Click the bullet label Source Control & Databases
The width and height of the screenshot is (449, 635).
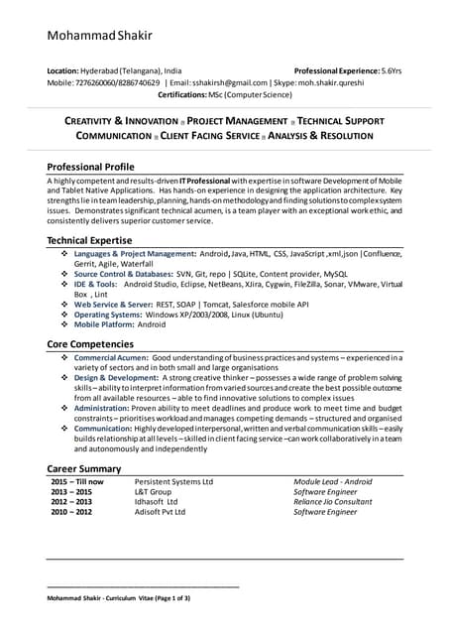[124, 273]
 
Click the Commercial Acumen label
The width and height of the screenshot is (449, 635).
[112, 356]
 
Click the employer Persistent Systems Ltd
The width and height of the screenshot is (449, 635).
[173, 481]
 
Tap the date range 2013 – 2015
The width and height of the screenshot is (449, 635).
[71, 491]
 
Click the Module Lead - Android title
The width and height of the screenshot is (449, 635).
[337, 481]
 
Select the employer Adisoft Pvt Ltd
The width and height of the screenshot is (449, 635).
[162, 512]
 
